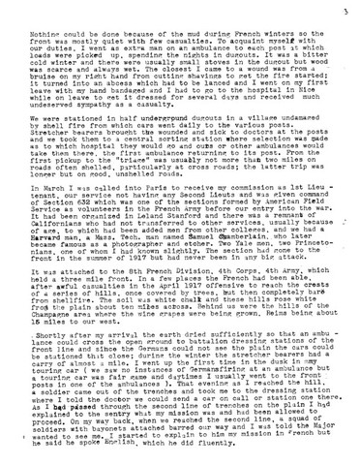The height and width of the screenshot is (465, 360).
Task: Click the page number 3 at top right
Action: [x=345, y=11]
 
